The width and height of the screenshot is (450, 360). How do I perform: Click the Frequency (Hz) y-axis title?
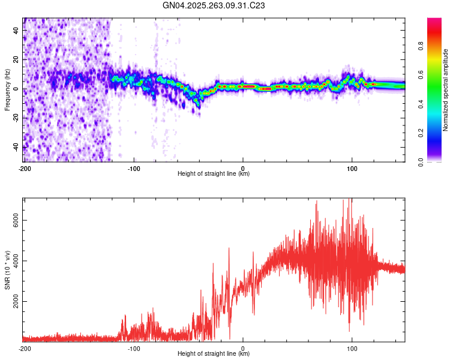click(7, 90)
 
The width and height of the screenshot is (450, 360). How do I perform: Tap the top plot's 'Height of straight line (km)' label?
click(214, 174)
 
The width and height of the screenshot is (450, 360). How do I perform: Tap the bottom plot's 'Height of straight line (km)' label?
click(214, 354)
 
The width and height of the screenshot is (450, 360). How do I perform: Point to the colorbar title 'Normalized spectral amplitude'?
click(446, 90)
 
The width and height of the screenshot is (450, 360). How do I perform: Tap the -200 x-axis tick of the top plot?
click(25, 168)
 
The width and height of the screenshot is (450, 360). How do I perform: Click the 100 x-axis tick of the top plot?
click(352, 168)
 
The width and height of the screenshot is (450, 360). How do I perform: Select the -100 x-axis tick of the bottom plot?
click(134, 348)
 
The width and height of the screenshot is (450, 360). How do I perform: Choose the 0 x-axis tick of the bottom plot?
click(243, 348)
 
